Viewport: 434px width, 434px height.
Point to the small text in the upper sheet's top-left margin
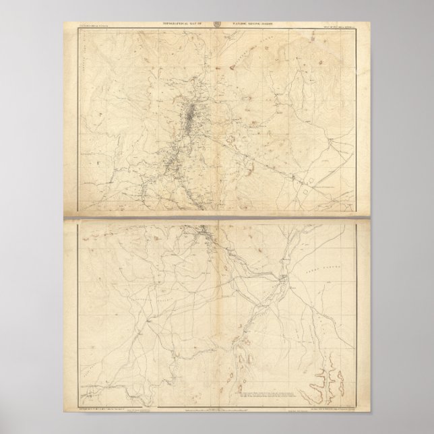pyautogui.click(x=97, y=26)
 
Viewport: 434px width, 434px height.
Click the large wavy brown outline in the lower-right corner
pyautogui.click(x=320, y=381)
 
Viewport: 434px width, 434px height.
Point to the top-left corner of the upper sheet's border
pyautogui.click(x=80, y=30)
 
